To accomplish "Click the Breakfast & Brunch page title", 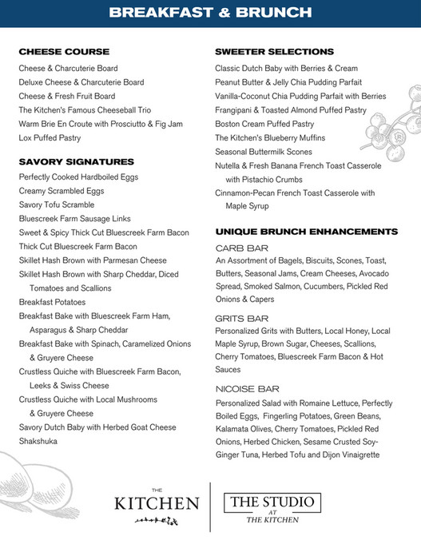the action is click(210, 13).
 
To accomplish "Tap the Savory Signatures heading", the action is click(77, 161).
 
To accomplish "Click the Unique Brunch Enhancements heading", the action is click(306, 232).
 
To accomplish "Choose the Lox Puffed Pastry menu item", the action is click(50, 138).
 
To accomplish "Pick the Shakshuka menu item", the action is click(38, 441).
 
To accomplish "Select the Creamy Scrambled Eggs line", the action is click(62, 191).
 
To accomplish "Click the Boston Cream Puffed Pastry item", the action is click(264, 124).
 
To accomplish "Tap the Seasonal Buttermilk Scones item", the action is click(264, 152).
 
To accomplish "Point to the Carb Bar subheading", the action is click(241, 248).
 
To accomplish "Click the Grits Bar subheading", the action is click(241, 318).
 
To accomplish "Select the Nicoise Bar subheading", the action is click(247, 388).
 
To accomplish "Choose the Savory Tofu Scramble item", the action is click(58, 204).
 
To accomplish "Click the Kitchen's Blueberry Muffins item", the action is click(271, 138).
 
